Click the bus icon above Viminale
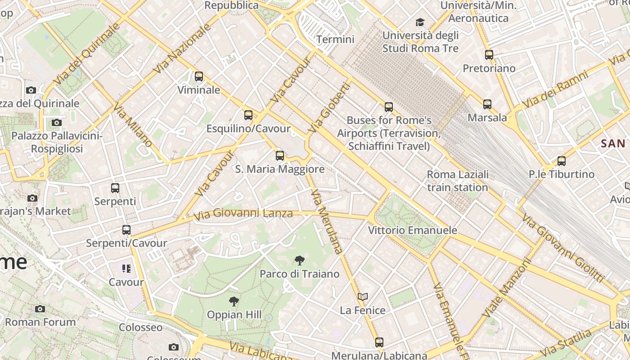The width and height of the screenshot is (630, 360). coord(198,76)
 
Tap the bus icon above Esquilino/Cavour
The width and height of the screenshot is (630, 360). coord(248,115)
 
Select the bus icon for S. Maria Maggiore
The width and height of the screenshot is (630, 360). coord(279,156)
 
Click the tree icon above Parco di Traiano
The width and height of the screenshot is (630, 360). coord(299,260)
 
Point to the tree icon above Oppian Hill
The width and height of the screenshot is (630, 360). coord(234,301)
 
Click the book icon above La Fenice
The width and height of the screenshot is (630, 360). coord(363,297)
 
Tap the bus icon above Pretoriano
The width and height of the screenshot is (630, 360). coord(489,55)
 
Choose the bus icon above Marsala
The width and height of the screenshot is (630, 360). coord(487,104)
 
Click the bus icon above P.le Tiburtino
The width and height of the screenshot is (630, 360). coord(561,161)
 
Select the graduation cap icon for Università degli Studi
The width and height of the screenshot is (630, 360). coord(420,22)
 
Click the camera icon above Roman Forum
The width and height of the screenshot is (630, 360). coord(40,309)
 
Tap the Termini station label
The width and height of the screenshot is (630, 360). coord(335,39)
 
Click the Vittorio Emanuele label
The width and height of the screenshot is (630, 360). coord(412,230)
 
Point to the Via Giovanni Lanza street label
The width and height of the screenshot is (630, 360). coord(243,214)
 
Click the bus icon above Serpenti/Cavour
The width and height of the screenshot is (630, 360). coord(126,230)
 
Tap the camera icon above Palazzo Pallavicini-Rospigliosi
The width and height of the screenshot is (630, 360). coord(56,122)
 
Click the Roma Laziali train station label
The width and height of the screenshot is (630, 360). coord(457,181)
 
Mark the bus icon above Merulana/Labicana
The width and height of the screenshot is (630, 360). coord(379,342)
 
